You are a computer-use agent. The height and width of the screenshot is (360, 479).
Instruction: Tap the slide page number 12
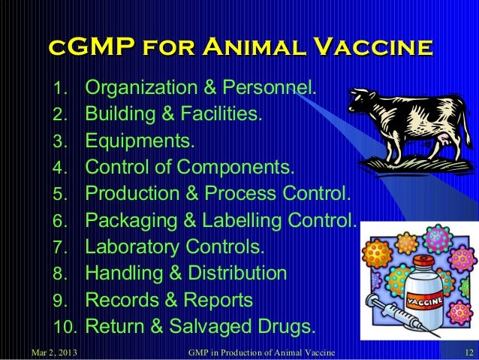coord(467,352)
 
